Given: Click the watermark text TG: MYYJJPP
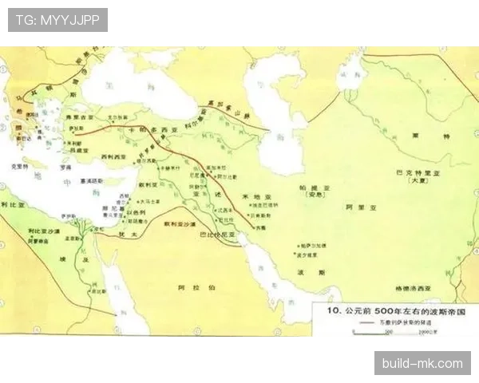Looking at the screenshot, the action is point(57,20).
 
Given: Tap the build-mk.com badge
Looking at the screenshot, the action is point(422,363).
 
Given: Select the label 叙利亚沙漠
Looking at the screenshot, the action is point(179,225).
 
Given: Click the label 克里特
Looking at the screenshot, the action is point(19,167).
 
